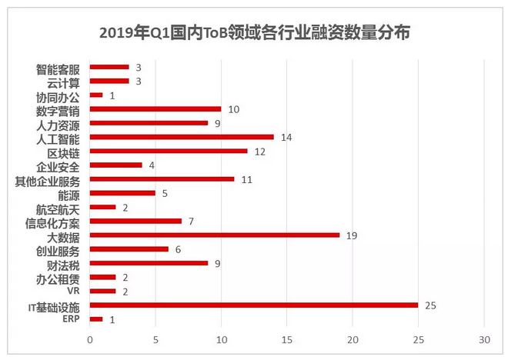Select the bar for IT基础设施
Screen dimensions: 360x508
254,305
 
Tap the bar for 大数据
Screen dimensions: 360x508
215,235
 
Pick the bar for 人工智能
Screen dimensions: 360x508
182,137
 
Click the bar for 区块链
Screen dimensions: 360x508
169,151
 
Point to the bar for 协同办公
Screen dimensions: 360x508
96,95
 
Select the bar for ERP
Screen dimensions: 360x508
96,319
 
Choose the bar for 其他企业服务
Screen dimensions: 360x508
162,179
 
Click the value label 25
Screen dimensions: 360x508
431,305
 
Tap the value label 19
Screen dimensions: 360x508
352,235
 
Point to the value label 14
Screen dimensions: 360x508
286,137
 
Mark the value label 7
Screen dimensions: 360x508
191,222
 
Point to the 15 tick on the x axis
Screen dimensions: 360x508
287,340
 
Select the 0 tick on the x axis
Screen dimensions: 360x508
90,340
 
